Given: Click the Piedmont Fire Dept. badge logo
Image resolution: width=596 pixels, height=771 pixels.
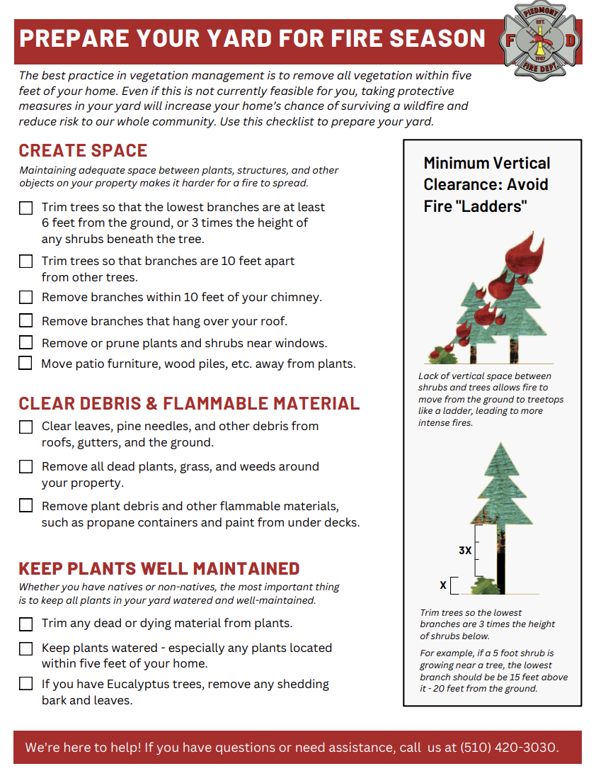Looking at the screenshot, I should pos(541,40).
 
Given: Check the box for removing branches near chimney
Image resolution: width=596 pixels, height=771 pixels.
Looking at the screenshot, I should pos(25,298).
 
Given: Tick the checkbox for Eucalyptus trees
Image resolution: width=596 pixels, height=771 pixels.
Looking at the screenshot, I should pos(25,684).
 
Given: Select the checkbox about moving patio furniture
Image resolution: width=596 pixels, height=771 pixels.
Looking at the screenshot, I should pos(25,364).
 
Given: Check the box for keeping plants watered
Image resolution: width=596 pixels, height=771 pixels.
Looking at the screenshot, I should pos(25,648).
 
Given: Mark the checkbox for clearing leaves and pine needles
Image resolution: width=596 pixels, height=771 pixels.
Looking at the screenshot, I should pos(25,427).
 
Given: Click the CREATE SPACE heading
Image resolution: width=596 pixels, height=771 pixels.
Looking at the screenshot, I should pos(83,151).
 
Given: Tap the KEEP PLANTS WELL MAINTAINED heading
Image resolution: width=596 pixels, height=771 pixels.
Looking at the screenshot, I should pos(159,568).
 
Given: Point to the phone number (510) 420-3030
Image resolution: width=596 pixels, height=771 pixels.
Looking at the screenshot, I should pos(508,748).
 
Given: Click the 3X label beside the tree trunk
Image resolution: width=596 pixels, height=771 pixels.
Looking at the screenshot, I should pos(464,550).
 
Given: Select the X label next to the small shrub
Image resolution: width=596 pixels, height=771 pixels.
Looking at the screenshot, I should pos(443,585).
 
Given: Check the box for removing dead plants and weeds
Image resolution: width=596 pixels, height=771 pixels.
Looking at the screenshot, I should pos(25,467).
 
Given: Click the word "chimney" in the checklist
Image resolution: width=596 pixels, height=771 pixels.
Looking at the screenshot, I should pos(298,298).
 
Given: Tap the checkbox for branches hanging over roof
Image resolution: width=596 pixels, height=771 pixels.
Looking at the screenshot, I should pos(25,321).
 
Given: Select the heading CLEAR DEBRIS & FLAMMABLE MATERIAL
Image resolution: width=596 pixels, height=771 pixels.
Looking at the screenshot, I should pos(189,404).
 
